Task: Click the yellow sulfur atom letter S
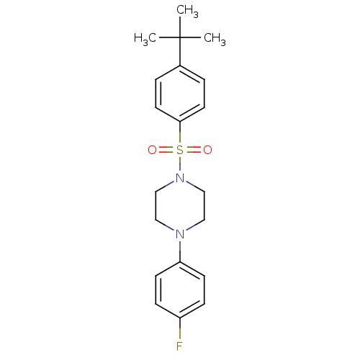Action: (x=180, y=150)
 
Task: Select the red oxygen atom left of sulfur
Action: (x=152, y=150)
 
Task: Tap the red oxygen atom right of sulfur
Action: (x=207, y=150)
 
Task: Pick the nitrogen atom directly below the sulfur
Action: (x=180, y=178)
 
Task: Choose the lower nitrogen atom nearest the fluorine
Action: (x=180, y=234)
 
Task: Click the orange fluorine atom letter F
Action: (x=179, y=346)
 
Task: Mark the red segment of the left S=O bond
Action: (x=161, y=150)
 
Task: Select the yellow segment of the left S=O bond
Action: (x=170, y=150)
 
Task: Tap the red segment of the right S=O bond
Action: (x=199, y=150)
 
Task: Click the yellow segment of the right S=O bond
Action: (x=190, y=150)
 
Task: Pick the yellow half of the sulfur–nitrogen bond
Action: (x=180, y=161)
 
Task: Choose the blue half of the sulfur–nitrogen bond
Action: (x=180, y=168)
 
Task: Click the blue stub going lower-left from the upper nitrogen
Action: (x=169, y=184)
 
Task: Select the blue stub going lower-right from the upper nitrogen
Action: (x=191, y=184)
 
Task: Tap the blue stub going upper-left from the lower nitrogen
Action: (x=169, y=228)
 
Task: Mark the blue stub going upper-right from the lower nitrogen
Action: (x=191, y=228)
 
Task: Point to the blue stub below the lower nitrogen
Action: (x=180, y=246)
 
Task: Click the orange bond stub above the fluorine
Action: (x=180, y=333)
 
